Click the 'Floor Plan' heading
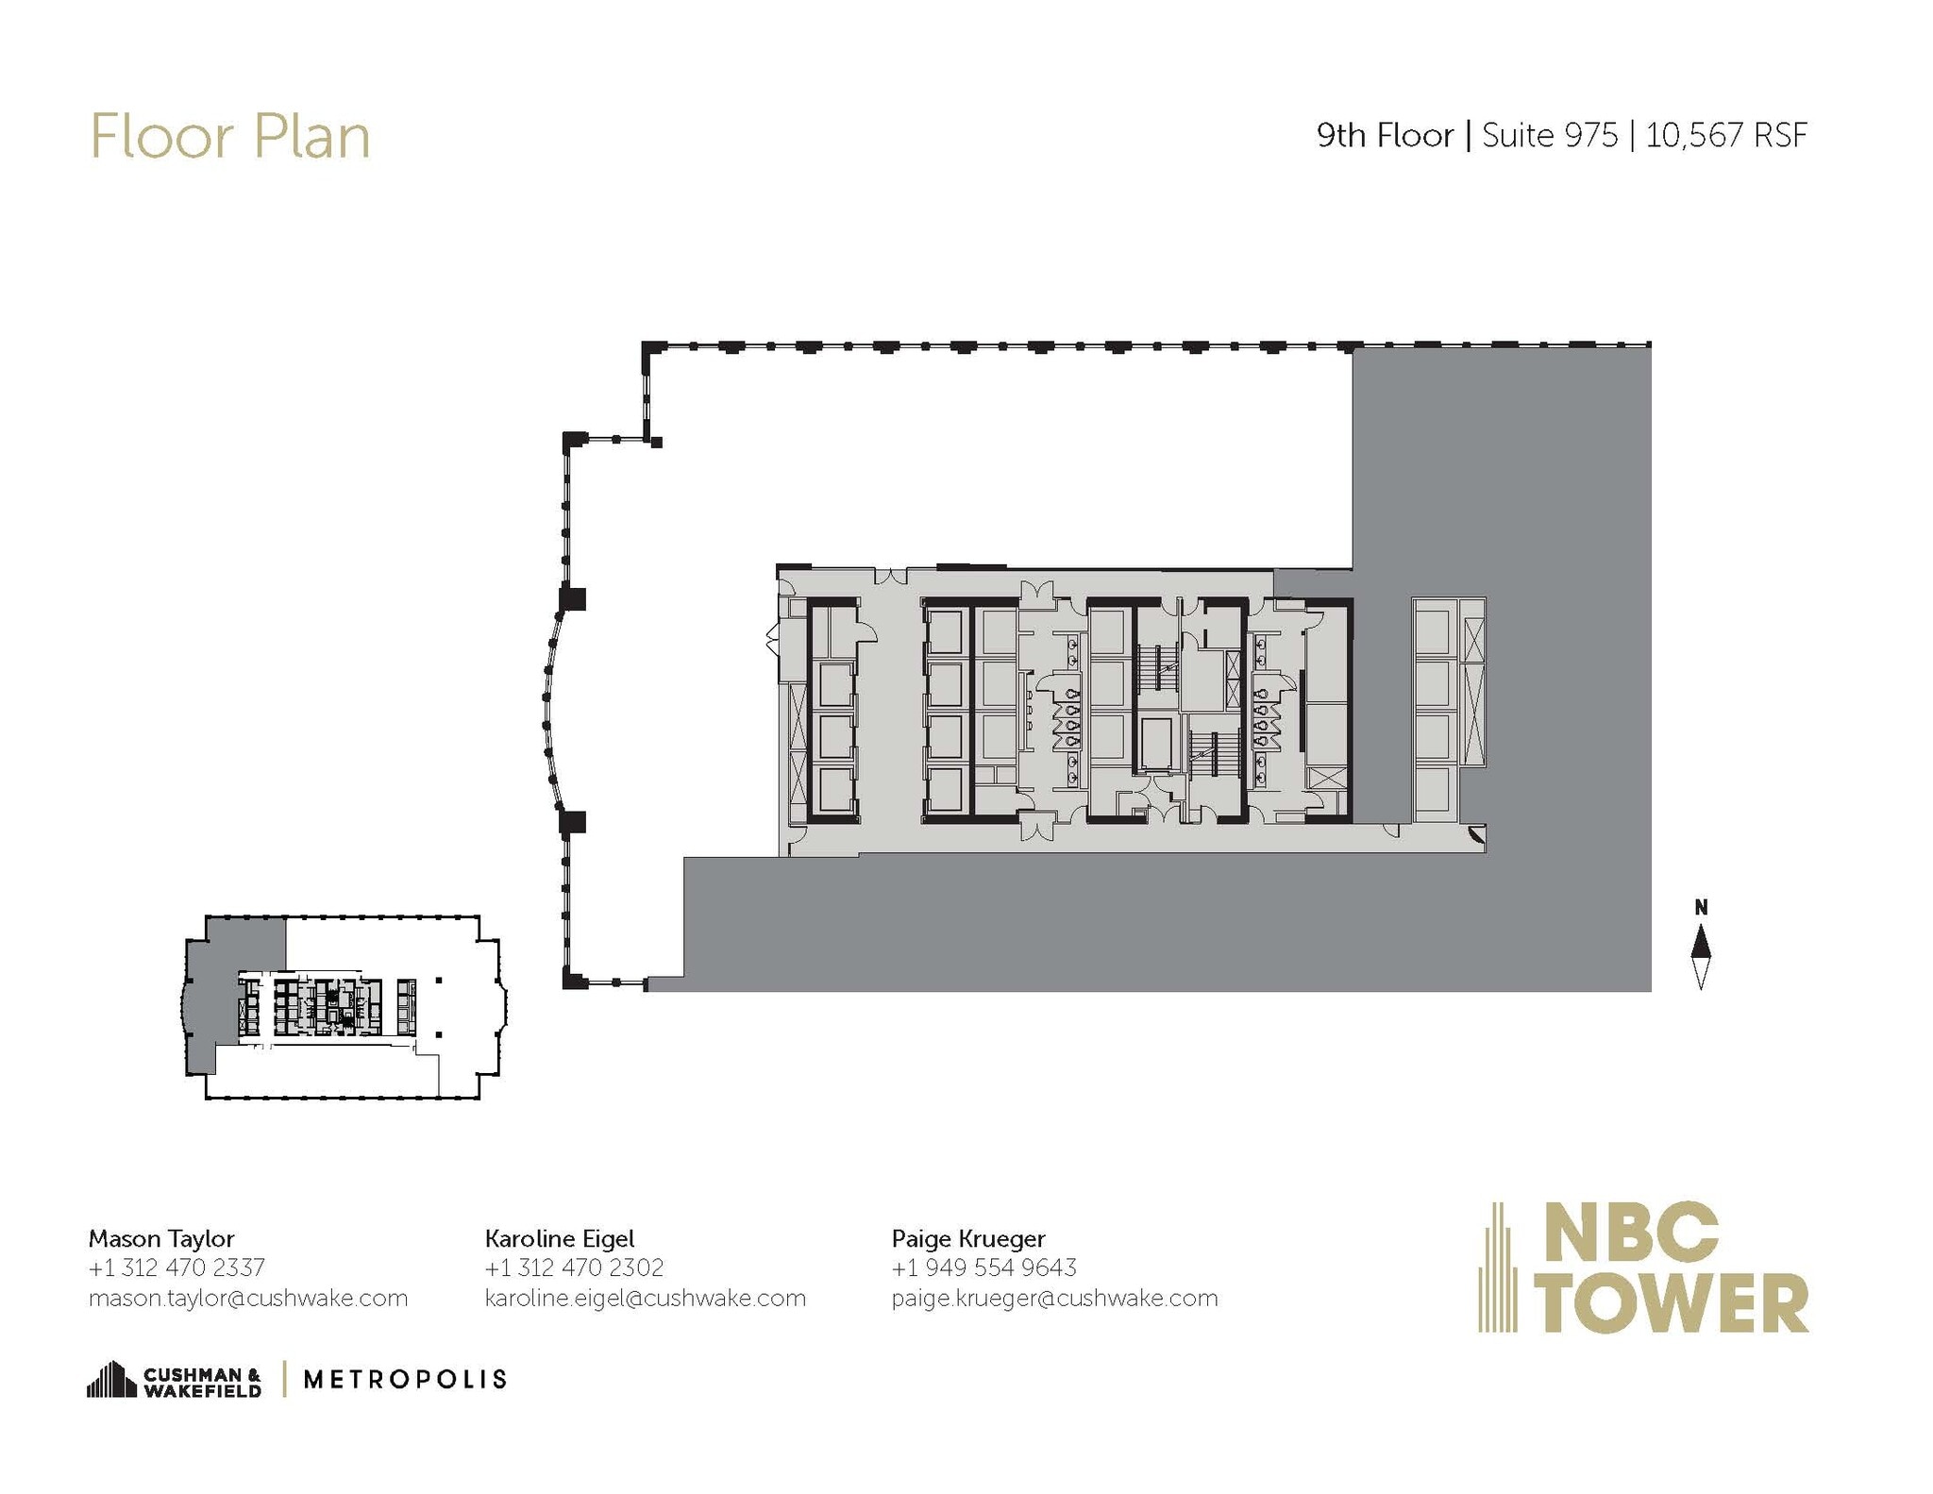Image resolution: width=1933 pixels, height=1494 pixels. tap(229, 137)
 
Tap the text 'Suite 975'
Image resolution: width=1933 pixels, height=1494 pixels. tap(1549, 136)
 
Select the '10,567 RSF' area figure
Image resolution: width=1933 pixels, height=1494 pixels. tap(1726, 136)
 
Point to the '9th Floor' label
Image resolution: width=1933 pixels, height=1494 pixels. tap(1385, 136)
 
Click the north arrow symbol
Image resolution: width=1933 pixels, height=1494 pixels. tap(1700, 956)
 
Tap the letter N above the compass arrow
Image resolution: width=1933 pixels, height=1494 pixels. tap(1701, 908)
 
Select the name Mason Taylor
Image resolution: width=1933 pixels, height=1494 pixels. tap(161, 1237)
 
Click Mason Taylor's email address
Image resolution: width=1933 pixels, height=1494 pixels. tap(248, 1298)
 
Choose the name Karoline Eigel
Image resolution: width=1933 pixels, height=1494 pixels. tap(560, 1237)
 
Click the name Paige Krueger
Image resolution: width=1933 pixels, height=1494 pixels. tap(968, 1237)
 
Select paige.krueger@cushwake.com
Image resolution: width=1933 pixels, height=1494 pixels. tap(1054, 1298)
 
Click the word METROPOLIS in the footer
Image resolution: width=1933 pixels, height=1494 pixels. tap(405, 1379)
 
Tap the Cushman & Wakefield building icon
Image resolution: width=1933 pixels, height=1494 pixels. tap(111, 1379)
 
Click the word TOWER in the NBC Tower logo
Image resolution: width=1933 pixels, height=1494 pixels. tap(1675, 1302)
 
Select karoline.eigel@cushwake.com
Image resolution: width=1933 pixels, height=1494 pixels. tap(646, 1298)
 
